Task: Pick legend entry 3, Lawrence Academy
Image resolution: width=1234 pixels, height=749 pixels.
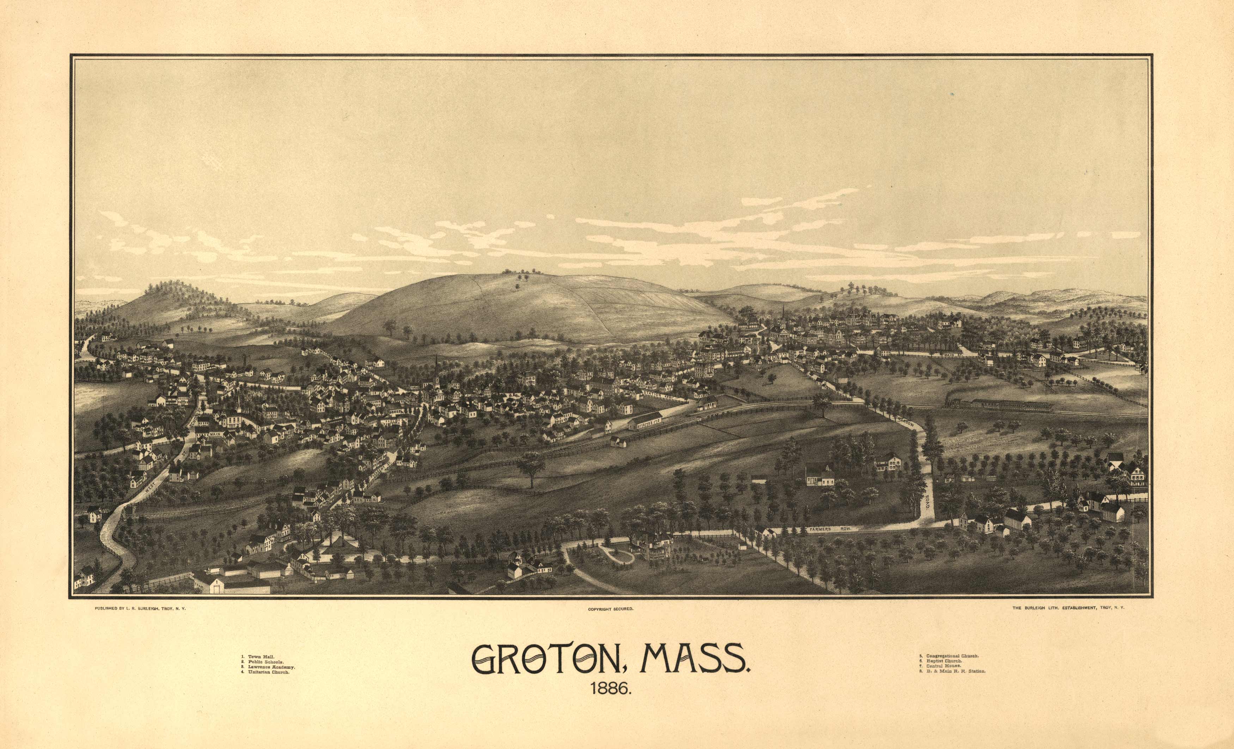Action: pyautogui.click(x=268, y=668)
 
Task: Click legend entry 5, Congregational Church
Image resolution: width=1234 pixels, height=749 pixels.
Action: pyautogui.click(x=949, y=655)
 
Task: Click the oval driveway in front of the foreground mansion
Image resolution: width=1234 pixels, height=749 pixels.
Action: pyautogui.click(x=616, y=555)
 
